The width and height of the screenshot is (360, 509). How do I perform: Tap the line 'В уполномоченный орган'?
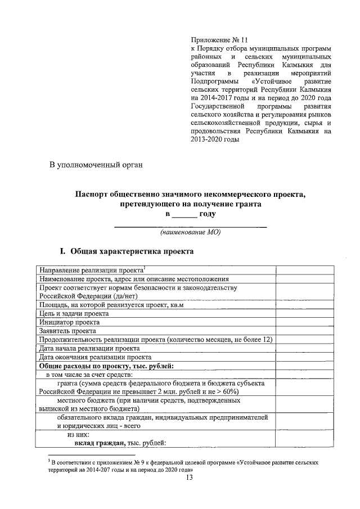[96, 165]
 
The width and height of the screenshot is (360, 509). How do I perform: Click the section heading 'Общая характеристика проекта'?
[131, 251]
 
